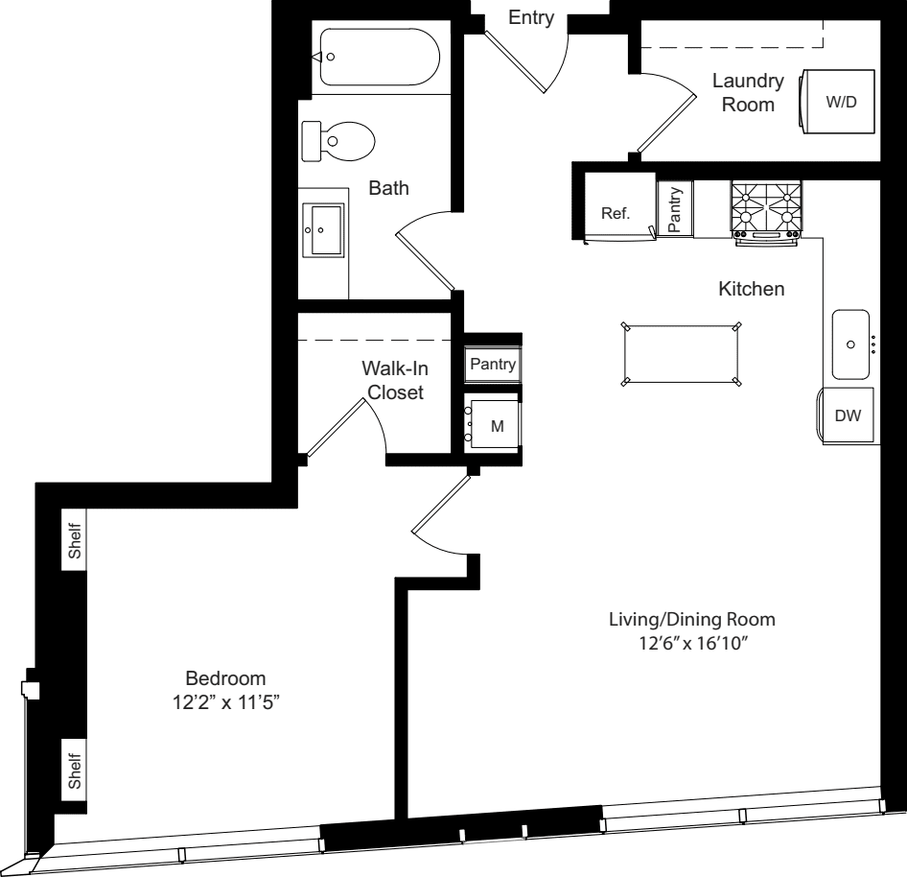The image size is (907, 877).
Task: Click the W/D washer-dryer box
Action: pos(841,103)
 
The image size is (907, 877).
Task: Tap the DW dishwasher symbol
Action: pos(847,415)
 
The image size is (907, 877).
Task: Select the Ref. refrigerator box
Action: pos(615,213)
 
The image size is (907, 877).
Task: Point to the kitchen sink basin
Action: pos(850,344)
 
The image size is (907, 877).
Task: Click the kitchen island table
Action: pos(682,354)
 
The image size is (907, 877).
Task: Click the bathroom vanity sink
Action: pos(324,230)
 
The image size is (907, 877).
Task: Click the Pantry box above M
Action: pos(493,365)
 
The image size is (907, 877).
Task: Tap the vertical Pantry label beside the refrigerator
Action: pos(675,209)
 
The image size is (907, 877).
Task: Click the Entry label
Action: pos(531,18)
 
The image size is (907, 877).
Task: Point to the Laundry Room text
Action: pos(748,93)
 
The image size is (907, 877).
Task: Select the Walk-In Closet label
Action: pos(391,380)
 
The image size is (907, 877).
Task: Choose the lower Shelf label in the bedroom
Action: pos(74,767)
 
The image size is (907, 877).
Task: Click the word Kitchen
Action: pos(752,288)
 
